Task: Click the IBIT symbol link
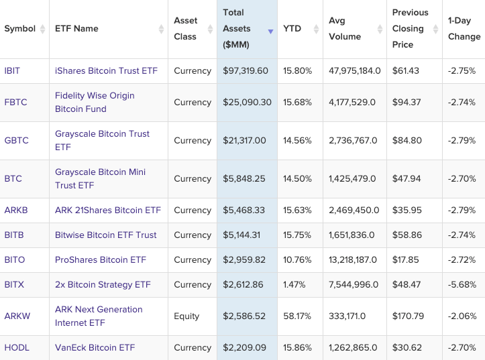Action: pyautogui.click(x=12, y=70)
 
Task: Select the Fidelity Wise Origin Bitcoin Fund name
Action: pyautogui.click(x=95, y=102)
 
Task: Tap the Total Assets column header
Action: pyautogui.click(x=237, y=29)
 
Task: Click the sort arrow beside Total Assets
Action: pyautogui.click(x=270, y=32)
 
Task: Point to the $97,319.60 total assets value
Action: pyautogui.click(x=246, y=70)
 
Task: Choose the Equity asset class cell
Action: pyautogui.click(x=186, y=316)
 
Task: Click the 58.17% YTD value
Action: pyautogui.click(x=297, y=316)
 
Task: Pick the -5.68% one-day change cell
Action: pyautogui.click(x=462, y=284)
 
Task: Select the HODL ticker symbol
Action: pyautogui.click(x=17, y=347)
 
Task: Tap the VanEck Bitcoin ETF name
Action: pyautogui.click(x=95, y=347)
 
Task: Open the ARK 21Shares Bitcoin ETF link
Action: pyautogui.click(x=108, y=210)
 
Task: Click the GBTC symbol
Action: pyautogui.click(x=17, y=140)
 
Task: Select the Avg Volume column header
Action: pyautogui.click(x=345, y=29)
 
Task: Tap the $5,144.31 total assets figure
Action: pyautogui.click(x=243, y=235)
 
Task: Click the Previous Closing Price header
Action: pyautogui.click(x=410, y=29)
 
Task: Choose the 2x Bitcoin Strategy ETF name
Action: pyautogui.click(x=103, y=284)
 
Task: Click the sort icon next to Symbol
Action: pyautogui.click(x=43, y=29)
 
